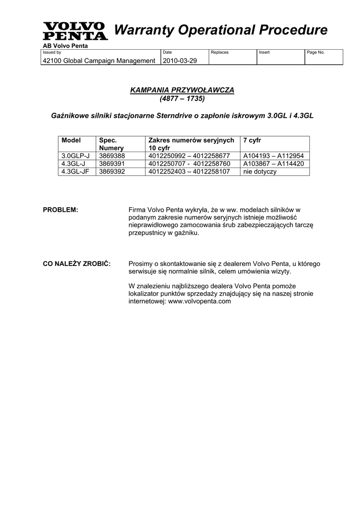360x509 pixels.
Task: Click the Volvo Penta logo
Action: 75,31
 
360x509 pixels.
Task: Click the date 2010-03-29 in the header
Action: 180,60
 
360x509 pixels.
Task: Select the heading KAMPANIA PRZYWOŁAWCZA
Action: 181,89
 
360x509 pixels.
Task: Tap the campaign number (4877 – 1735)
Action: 182,98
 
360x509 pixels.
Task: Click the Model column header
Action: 71,141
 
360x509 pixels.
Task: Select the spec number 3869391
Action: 112,164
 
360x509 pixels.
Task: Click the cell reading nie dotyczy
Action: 260,171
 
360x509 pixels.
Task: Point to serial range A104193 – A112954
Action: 273,156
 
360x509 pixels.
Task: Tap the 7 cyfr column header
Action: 253,141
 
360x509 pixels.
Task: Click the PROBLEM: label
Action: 61,210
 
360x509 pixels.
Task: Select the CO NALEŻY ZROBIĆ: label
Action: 77,263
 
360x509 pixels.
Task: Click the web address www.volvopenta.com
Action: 199,301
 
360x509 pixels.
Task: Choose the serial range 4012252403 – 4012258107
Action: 189,171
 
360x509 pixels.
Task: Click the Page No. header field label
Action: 316,52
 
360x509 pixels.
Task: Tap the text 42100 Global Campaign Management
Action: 99,60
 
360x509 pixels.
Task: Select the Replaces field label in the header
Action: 220,52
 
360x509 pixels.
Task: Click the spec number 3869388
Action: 112,156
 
